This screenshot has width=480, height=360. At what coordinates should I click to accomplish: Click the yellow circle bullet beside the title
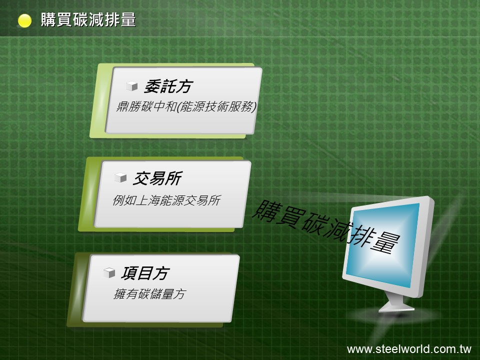tap(24, 21)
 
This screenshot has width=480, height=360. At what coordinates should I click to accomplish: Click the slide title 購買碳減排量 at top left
tap(88, 19)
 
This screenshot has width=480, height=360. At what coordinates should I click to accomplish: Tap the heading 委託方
tap(168, 86)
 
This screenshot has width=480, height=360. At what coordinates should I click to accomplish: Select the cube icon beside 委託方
tap(132, 86)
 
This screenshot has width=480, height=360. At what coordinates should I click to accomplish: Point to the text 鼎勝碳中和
tap(146, 106)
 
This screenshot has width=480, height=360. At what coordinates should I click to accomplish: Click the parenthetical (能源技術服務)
tap(216, 106)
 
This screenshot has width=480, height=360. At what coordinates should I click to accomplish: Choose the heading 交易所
tap(157, 178)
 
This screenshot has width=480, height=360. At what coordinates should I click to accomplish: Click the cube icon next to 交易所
tap(120, 177)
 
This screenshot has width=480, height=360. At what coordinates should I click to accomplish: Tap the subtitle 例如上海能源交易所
tap(166, 200)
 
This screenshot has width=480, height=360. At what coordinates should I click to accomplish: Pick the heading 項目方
tap(145, 273)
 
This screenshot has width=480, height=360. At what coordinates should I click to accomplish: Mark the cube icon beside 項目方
tap(109, 272)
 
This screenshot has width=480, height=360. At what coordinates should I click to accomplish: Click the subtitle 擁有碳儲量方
tap(149, 294)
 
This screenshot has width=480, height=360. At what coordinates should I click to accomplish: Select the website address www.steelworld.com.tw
tap(409, 349)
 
